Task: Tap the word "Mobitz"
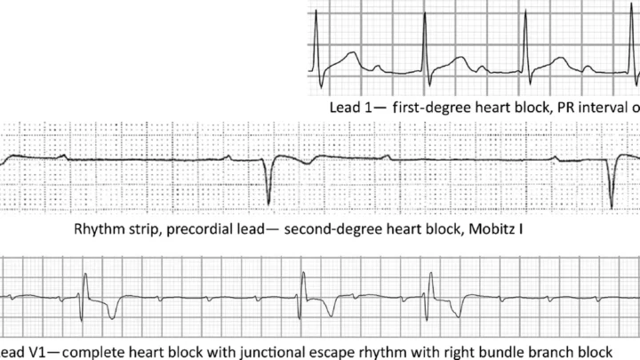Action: [491, 229]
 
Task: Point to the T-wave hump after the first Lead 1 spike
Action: [351, 53]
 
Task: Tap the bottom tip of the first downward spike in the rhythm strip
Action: [268, 204]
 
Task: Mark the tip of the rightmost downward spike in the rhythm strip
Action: [612, 208]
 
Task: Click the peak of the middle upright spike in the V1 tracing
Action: [303, 272]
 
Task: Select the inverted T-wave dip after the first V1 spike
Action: [112, 317]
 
